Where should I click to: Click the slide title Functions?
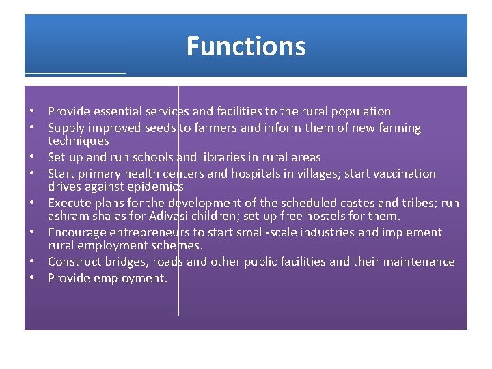click(246, 46)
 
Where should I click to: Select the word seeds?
click(159, 128)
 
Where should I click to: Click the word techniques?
click(78, 141)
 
